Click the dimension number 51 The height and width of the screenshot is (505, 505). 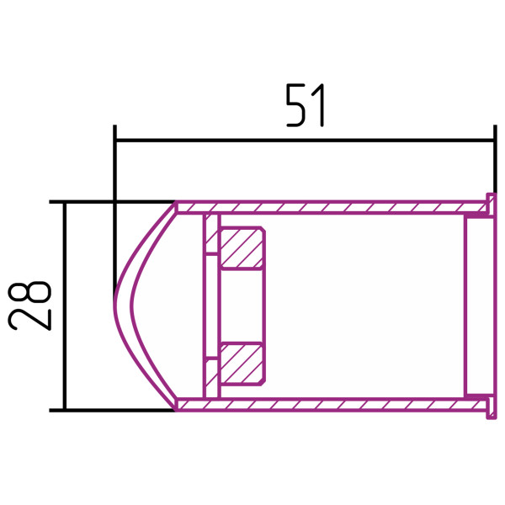pyautogui.click(x=306, y=105)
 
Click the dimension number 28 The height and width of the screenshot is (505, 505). pyautogui.click(x=29, y=306)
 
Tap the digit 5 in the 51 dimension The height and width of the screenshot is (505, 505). pyautogui.click(x=295, y=105)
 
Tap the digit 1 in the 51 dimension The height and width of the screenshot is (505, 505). pyautogui.click(x=320, y=105)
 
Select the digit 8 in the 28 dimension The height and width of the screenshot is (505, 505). pyautogui.click(x=29, y=292)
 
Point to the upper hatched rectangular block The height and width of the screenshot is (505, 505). pyautogui.click(x=242, y=247)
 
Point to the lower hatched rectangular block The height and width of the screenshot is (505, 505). pyautogui.click(x=242, y=364)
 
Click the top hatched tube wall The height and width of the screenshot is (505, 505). pyautogui.click(x=332, y=207)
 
